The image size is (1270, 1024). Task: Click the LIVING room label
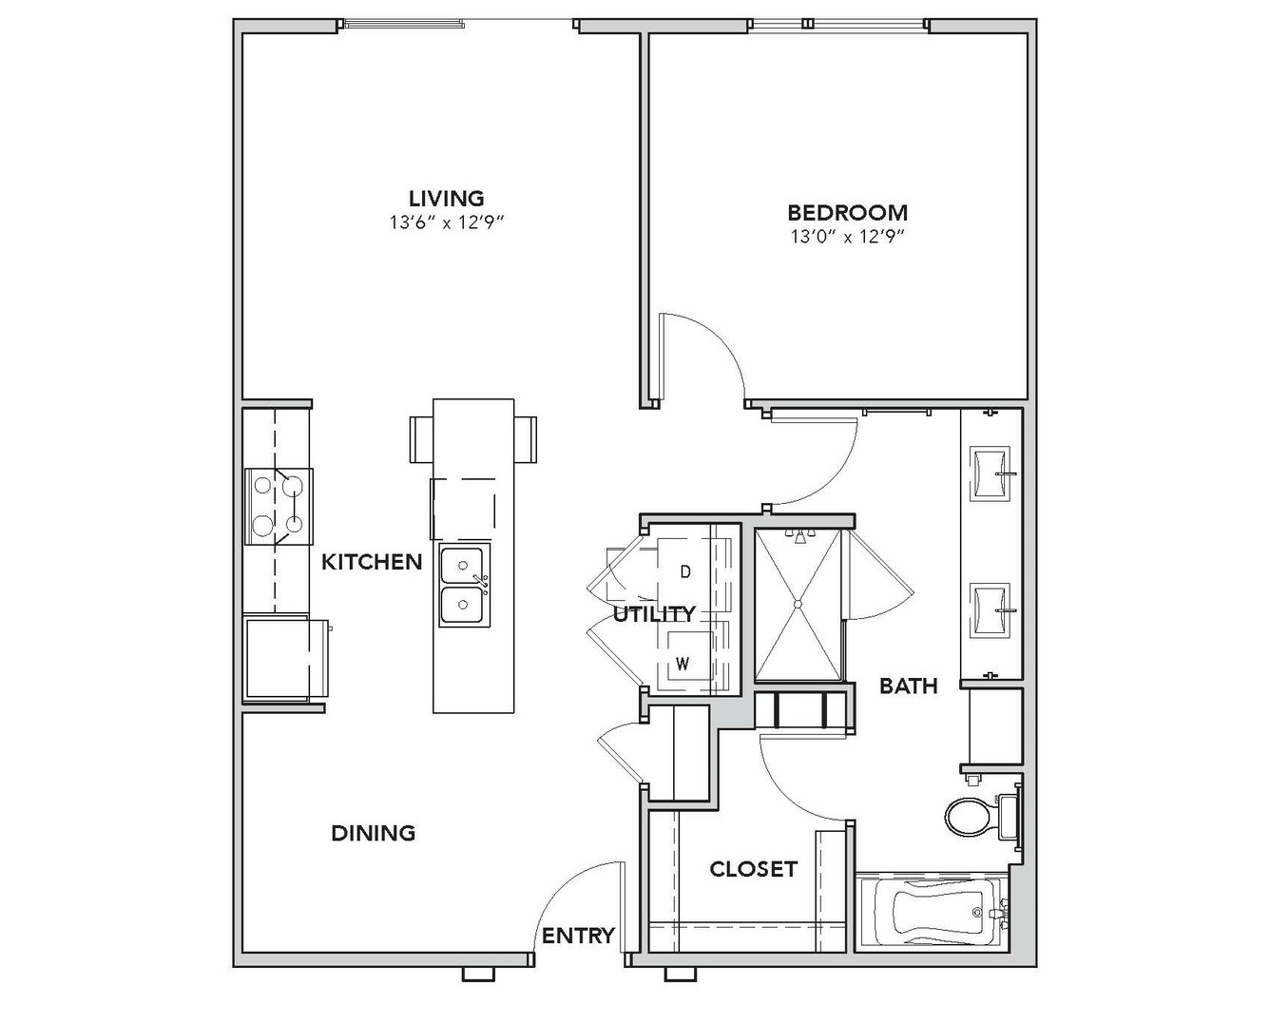click(447, 198)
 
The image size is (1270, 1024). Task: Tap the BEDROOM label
click(848, 212)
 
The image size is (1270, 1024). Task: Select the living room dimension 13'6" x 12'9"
click(447, 222)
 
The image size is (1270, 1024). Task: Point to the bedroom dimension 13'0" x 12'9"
click(848, 238)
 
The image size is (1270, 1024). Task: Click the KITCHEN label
click(372, 562)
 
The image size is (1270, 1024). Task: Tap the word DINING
click(374, 833)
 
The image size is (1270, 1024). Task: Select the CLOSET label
click(754, 868)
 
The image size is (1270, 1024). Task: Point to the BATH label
click(909, 686)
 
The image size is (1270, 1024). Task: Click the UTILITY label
click(654, 614)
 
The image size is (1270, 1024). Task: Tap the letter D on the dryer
click(685, 571)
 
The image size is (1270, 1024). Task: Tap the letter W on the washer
click(683, 664)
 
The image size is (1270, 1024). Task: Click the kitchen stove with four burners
click(278, 506)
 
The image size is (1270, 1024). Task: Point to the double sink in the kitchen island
click(465, 586)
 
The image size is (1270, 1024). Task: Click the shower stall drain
click(798, 605)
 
